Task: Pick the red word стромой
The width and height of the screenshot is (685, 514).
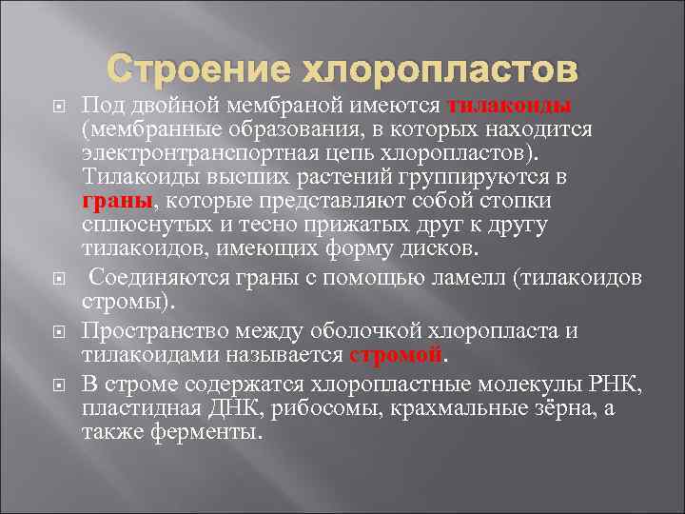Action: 396,355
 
